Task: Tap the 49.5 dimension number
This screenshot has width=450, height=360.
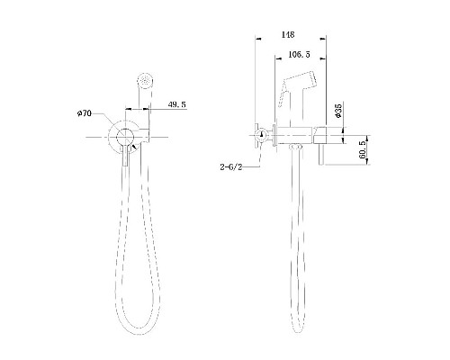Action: [176, 105]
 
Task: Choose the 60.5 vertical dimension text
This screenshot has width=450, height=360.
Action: [361, 148]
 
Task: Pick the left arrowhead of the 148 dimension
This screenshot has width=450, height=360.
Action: [257, 41]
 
